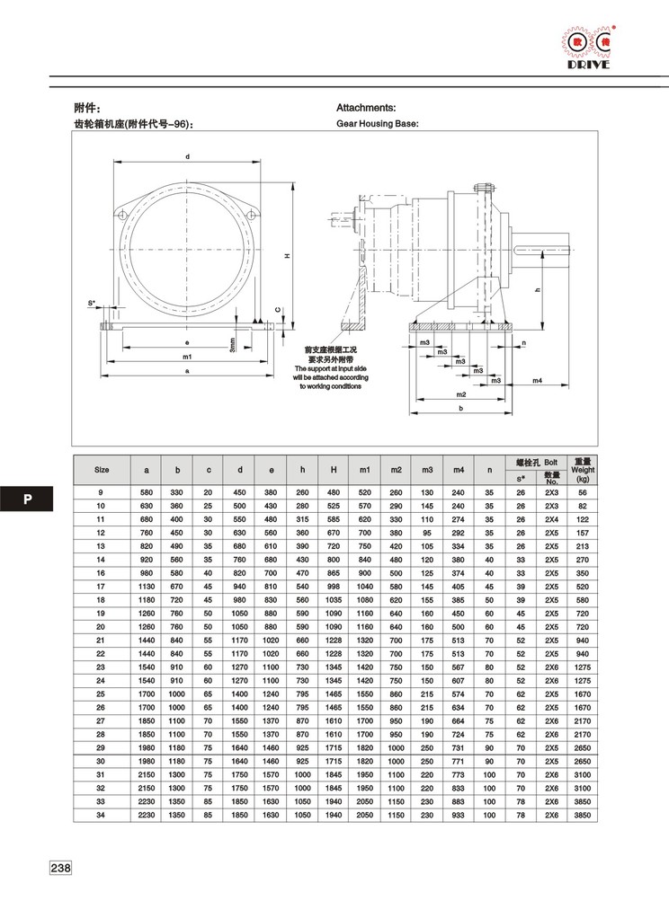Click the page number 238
point(60,869)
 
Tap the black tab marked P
point(27,499)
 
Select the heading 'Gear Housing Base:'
point(377,124)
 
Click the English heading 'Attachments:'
point(366,107)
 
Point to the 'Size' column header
point(102,470)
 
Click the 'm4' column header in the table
point(459,470)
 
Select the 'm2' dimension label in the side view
point(460,394)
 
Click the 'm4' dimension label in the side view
point(536,381)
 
